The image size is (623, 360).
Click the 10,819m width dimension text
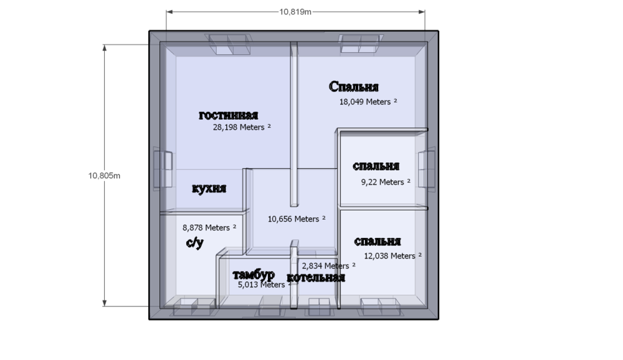point(295,11)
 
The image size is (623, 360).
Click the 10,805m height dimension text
point(105,176)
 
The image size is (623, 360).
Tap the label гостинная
point(229,115)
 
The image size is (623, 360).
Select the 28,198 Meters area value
point(242,127)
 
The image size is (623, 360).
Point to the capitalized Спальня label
point(354,87)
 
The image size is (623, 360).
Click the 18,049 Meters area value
point(364,101)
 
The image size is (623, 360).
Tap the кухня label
point(209,189)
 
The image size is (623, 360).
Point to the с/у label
point(194,243)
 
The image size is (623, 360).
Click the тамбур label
point(254,275)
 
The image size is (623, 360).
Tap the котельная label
point(316,278)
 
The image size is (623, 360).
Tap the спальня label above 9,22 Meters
point(376,167)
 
